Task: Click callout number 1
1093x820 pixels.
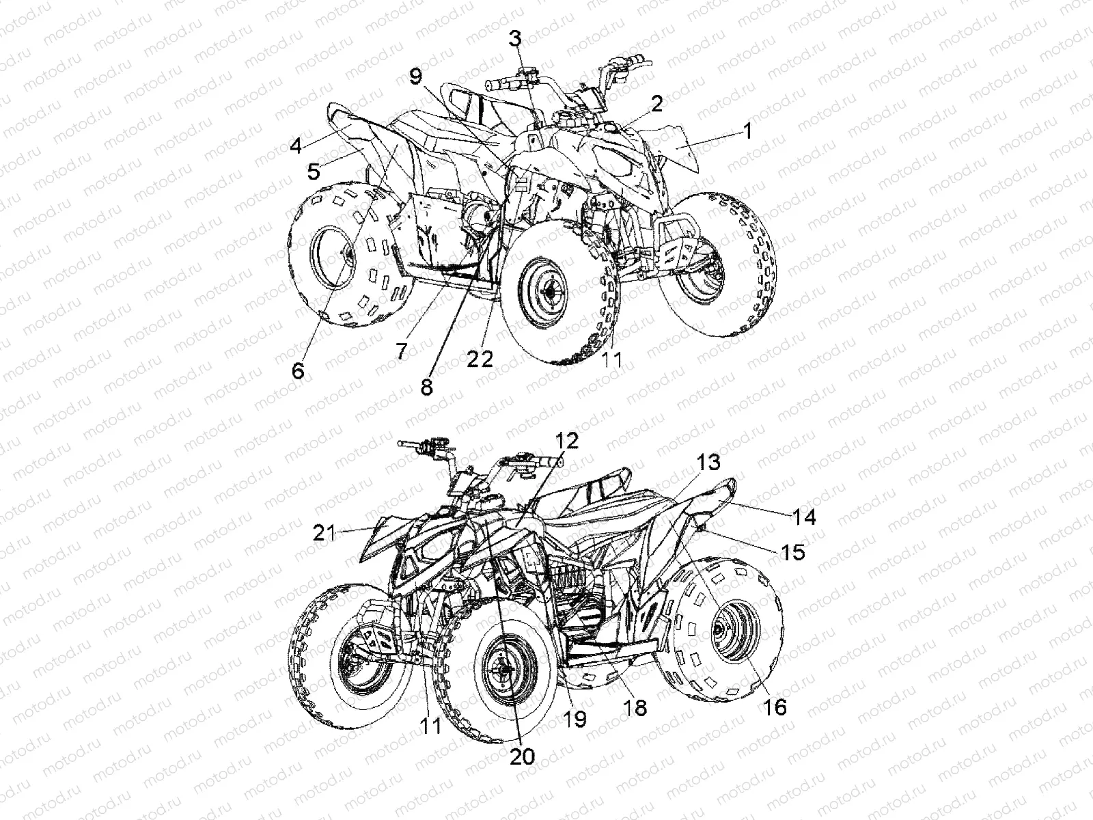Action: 747,130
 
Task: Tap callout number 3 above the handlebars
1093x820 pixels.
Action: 514,39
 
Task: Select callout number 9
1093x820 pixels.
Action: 416,77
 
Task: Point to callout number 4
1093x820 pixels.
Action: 295,146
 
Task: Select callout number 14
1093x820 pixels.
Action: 805,517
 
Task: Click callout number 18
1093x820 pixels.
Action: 635,707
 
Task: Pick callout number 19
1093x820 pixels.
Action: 576,719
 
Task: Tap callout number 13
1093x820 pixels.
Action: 708,463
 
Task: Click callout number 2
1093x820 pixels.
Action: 656,104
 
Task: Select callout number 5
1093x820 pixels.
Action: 314,171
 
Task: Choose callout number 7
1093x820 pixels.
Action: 401,351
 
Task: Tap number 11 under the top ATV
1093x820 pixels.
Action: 612,359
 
